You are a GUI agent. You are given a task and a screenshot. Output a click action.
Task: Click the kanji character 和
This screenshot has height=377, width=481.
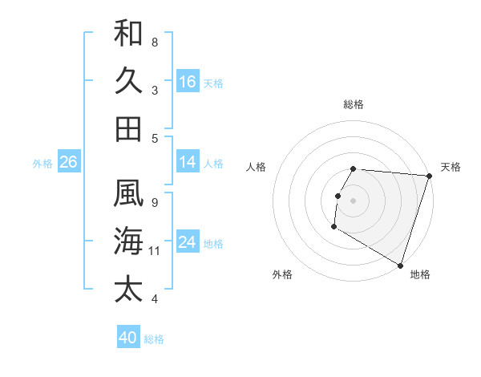(128, 34)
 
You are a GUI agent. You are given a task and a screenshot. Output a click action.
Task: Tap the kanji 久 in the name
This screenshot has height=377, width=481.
(128, 81)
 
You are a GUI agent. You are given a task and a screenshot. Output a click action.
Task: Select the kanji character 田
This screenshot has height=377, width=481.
(128, 128)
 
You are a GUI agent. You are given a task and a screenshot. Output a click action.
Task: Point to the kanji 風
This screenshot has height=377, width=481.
(128, 193)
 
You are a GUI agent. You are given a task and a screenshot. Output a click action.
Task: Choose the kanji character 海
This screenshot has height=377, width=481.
(128, 241)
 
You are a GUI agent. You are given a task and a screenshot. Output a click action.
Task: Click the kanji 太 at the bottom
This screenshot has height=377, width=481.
(128, 288)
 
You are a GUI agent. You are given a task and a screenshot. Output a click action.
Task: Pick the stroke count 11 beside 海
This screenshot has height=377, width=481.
(155, 251)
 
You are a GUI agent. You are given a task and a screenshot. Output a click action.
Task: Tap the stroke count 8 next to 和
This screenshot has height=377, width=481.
(155, 42)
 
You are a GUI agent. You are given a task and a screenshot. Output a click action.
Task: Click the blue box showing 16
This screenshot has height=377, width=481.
(188, 82)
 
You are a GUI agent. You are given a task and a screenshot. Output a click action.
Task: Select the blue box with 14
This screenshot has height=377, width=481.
(188, 162)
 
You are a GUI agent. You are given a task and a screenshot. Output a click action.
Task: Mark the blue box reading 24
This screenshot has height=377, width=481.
(188, 242)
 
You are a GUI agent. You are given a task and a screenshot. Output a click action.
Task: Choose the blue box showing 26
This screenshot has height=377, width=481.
(68, 162)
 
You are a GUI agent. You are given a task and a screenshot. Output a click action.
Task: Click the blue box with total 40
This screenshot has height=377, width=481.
(128, 338)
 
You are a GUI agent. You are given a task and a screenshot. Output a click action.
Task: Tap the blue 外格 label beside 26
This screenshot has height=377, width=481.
(42, 164)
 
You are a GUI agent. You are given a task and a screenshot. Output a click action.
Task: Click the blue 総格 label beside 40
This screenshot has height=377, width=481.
(154, 339)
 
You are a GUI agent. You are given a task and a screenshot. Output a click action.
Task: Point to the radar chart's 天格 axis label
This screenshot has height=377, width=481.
(451, 167)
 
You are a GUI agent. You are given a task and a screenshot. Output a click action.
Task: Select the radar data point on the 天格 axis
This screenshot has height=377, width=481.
(429, 176)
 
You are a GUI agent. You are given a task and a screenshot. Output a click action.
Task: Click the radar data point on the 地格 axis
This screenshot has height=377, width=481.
(400, 266)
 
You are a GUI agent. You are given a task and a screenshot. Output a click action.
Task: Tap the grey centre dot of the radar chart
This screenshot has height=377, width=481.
(354, 201)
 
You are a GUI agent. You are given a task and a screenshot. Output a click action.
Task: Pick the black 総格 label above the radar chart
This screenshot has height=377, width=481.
(354, 104)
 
